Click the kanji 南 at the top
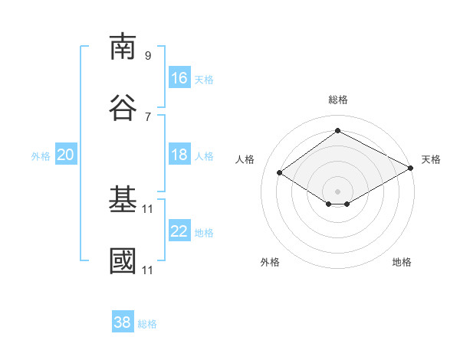(123, 47)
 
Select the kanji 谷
(123, 107)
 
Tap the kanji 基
(123, 198)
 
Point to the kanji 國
(123, 260)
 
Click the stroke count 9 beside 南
(148, 55)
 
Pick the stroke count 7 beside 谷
(148, 117)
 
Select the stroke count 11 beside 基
(147, 209)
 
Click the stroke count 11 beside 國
(147, 270)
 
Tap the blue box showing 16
(179, 77)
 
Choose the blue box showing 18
(179, 154)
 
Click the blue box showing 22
(179, 230)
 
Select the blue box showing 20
(66, 154)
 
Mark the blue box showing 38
(123, 321)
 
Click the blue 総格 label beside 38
(147, 324)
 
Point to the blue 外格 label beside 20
(41, 156)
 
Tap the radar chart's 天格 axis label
(431, 159)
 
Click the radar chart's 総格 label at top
(338, 100)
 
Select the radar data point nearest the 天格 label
(411, 168)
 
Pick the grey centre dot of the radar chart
(337, 191)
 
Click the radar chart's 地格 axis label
(402, 262)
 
